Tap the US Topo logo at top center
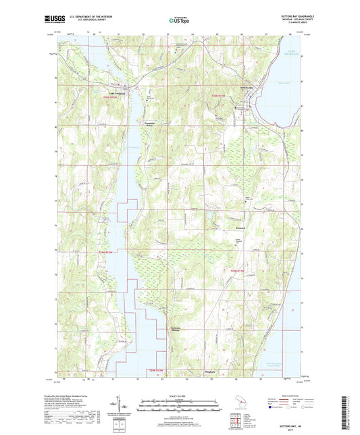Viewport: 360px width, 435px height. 179,20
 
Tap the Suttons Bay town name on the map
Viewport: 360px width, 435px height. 250,88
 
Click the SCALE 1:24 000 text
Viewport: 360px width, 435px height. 180,395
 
